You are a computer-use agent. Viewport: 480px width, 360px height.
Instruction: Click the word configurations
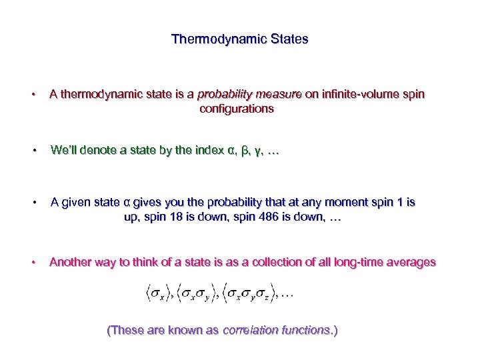pos(237,109)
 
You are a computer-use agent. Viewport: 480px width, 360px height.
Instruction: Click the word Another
pos(72,262)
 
